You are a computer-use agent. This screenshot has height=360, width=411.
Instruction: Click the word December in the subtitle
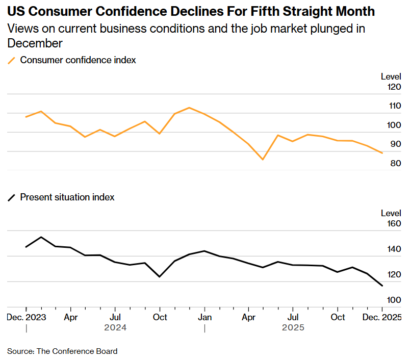tap(35, 43)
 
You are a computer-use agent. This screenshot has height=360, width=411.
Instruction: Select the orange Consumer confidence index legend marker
tap(11, 60)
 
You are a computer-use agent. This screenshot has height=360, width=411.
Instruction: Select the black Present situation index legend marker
tap(11, 197)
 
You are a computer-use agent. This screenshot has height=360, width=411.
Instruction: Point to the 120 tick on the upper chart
tap(394, 87)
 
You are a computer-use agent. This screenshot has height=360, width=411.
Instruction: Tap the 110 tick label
tap(394, 106)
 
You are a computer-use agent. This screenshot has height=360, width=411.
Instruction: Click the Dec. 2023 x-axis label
tap(27, 317)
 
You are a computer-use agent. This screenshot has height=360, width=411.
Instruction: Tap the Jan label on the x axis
tap(204, 317)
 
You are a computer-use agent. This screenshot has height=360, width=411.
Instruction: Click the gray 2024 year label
tap(115, 327)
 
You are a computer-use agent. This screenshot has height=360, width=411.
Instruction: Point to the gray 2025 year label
tap(293, 327)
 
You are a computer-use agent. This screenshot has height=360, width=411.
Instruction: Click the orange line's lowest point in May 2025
tap(263, 160)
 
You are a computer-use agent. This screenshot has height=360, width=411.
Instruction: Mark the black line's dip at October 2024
tap(160, 277)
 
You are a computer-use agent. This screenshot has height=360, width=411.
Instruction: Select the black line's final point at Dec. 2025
tap(382, 286)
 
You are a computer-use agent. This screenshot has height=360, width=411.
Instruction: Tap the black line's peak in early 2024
tap(41, 237)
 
